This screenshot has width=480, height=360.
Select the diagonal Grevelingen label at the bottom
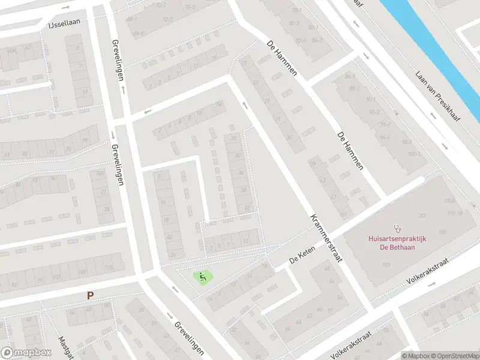pos(189,337)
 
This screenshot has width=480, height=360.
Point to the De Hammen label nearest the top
pos(281,58)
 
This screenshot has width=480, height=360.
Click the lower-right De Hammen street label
pos(350,151)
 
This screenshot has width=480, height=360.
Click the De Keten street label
pos(302,259)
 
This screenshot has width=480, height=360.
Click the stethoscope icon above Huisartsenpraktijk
pos(396,228)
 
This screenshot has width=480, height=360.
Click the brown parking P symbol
pos(90,295)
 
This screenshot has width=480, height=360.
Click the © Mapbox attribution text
pos(415,355)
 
